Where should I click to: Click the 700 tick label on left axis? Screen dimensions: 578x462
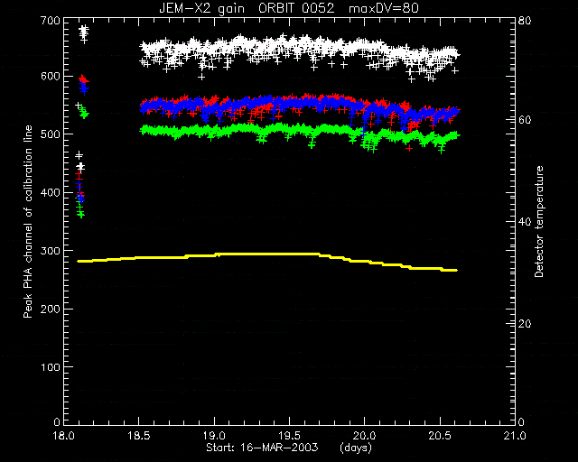51,20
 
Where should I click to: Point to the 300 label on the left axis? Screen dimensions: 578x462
51,251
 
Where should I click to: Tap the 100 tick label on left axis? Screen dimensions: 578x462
51,367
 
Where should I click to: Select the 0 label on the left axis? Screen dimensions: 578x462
57,421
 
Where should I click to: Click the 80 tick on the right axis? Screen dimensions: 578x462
525,20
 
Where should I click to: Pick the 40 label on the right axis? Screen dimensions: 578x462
525,222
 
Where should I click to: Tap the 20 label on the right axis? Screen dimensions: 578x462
525,324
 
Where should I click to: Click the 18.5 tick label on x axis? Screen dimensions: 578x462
138,436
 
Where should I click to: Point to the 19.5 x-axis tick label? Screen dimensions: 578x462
289,436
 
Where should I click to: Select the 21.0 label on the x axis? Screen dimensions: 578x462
515,436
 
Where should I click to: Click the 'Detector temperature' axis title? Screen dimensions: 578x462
539,221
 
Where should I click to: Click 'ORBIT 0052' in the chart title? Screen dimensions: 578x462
296,8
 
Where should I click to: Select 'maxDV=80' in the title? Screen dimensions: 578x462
384,8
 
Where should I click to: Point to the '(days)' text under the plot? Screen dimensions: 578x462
356,448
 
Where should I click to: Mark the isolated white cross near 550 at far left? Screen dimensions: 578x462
79,106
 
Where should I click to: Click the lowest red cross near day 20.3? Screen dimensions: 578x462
409,148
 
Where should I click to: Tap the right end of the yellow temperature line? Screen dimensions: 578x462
457,271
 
